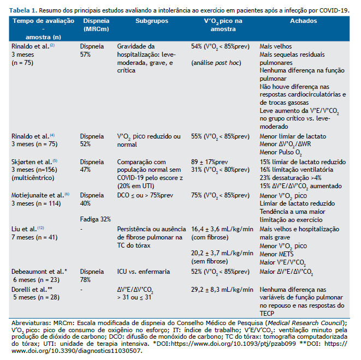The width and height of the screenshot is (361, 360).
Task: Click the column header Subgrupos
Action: pos(152,21)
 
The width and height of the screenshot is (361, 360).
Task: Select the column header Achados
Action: pos(303,21)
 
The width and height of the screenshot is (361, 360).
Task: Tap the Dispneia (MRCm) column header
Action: pos(96,25)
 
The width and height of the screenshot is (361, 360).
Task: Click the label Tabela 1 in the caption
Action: pos(23,10)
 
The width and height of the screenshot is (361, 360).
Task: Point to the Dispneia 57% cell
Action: pos(92,50)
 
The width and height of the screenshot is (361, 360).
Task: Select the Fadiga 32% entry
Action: pos(96,219)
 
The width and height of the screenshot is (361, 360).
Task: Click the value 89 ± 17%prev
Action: pos(209,162)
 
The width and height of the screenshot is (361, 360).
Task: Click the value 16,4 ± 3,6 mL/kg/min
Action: pos(222,229)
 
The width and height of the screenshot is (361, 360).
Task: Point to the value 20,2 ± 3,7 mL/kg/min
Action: pos(222,253)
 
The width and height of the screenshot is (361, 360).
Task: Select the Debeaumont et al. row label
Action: pos(39,272)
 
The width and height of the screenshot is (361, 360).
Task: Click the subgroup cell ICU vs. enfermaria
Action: pos(144,272)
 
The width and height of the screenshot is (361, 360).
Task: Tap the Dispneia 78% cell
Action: pos(92,275)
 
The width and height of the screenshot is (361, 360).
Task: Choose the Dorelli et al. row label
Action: pos(32,290)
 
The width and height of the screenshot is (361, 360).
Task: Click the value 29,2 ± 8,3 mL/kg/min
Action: pos(222,290)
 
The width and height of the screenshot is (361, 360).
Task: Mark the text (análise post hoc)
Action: pos(216,63)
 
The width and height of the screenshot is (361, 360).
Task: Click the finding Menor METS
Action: pos(276,254)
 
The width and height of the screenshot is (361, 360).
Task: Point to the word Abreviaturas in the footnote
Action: pos(32,323)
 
